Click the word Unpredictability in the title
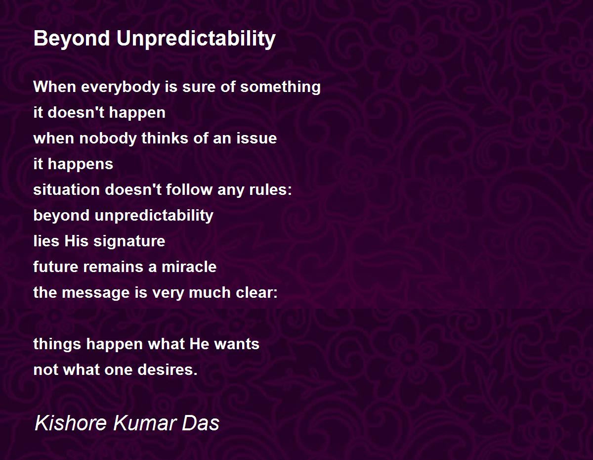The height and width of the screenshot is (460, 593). tap(196, 39)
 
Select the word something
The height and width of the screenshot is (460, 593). tap(280, 88)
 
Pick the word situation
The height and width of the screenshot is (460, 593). tap(67, 189)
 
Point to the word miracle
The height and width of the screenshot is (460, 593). tap(189, 267)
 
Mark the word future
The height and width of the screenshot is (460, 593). tap(56, 267)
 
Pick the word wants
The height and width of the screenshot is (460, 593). tap(237, 344)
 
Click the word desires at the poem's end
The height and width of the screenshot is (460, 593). tap(168, 369)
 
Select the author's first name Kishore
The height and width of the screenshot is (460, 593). tap(70, 423)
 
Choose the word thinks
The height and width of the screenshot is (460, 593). tap(165, 138)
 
